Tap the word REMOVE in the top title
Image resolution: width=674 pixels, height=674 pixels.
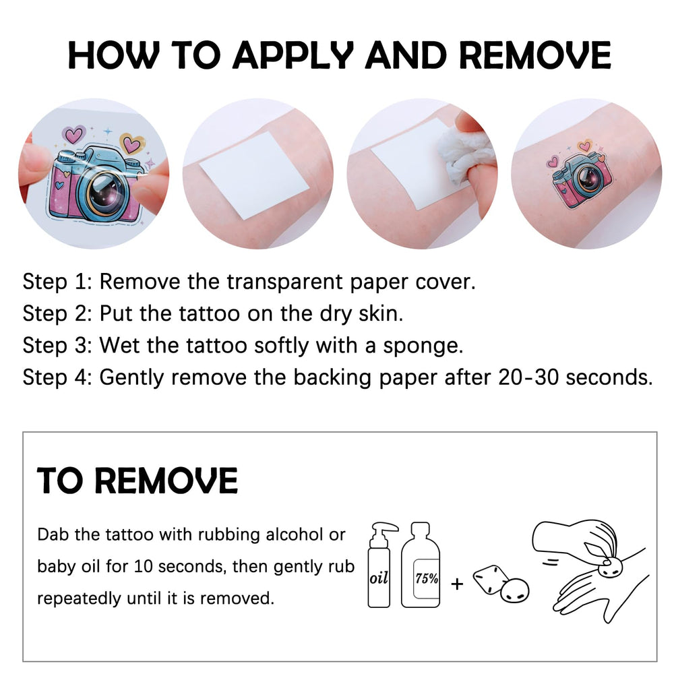pos(535,55)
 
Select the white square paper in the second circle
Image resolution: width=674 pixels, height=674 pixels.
pos(255,175)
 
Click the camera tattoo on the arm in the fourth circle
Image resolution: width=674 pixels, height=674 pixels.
pos(581,174)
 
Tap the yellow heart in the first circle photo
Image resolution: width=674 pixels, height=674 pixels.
pos(131,144)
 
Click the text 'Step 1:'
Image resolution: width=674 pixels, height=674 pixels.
pos(57,282)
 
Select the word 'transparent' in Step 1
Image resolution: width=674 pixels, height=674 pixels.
pos(284,282)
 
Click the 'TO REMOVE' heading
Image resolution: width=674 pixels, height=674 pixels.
pos(137,480)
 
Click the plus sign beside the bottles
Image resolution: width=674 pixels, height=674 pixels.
pos(457,584)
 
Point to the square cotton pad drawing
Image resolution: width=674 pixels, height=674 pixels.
pos(490,580)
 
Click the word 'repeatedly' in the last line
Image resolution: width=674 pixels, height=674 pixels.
pos(79,599)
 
